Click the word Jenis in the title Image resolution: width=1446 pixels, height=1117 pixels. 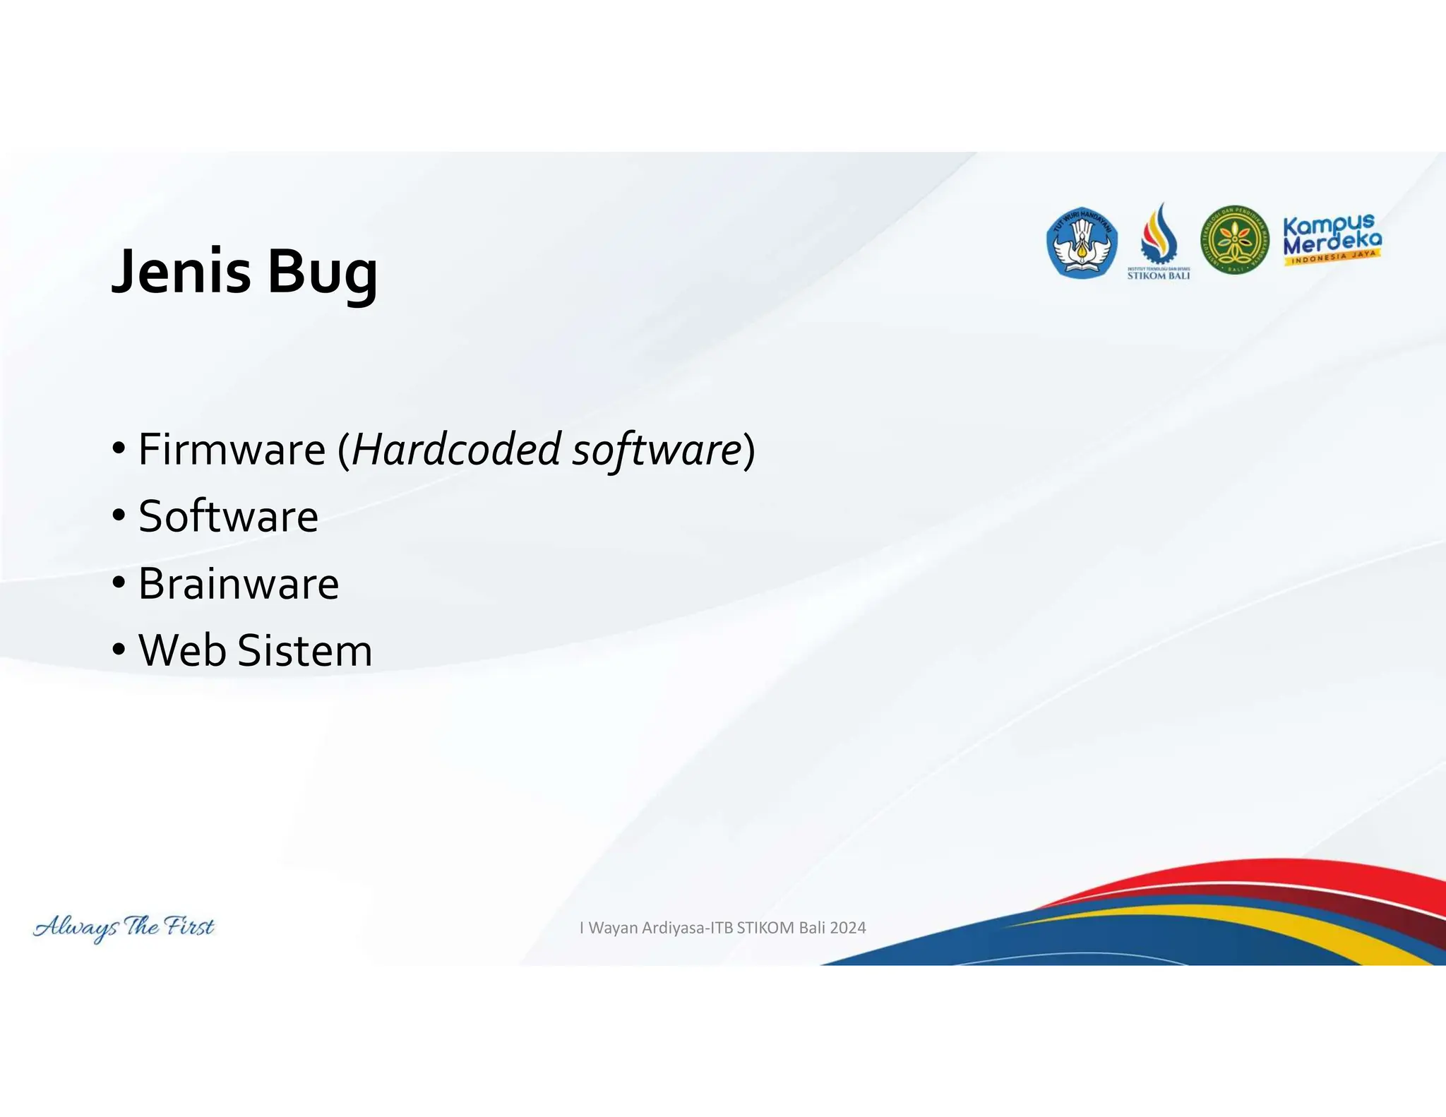[181, 272]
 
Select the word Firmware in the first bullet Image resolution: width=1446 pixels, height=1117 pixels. [232, 449]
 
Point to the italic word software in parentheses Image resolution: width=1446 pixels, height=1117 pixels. [656, 449]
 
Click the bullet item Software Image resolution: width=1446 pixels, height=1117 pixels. [228, 516]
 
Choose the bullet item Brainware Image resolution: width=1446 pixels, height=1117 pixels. [239, 584]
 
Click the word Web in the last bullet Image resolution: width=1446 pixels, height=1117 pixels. [184, 650]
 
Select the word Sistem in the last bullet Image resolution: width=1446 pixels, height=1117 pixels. [305, 650]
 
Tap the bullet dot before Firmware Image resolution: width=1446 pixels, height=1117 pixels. [119, 448]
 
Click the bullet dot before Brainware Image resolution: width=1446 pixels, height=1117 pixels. [119, 583]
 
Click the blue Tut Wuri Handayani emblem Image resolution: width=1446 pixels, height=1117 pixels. [1081, 242]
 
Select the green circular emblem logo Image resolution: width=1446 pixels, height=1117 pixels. [1234, 241]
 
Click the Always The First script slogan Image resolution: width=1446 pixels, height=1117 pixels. [124, 926]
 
